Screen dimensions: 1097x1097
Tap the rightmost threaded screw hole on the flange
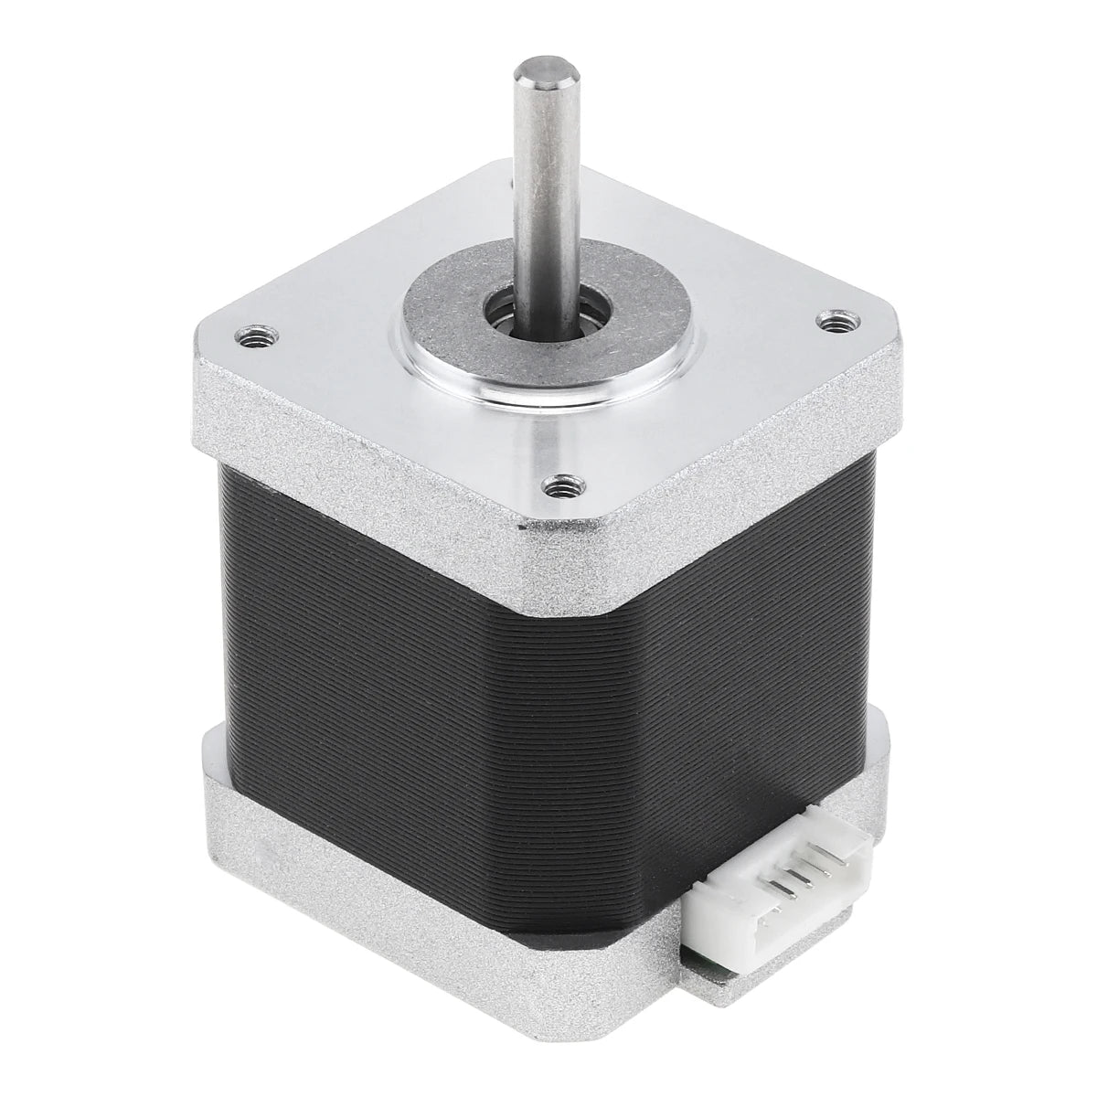coord(833,321)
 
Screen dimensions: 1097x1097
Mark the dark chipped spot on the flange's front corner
coord(524,526)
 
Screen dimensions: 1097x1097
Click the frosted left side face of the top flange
coord(347,448)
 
